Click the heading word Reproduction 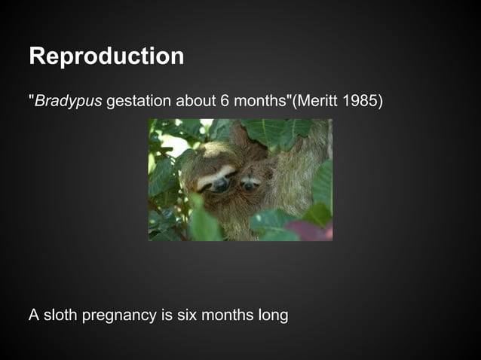tap(106, 56)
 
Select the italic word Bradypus tap(68, 101)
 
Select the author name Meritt tap(319, 101)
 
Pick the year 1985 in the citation tap(359, 101)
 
